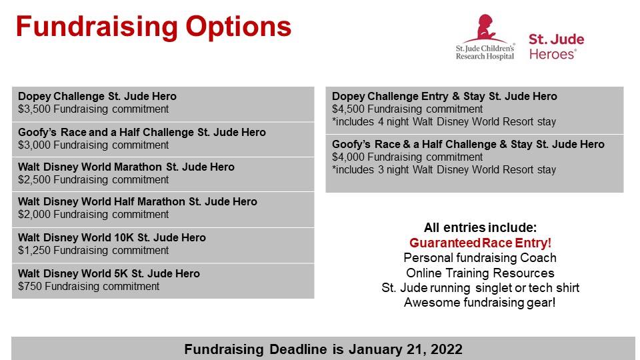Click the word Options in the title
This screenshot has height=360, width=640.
click(x=239, y=27)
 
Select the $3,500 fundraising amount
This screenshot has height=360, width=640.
click(x=34, y=109)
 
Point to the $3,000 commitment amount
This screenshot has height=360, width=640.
click(x=34, y=145)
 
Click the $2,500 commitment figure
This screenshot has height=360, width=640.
click(x=34, y=179)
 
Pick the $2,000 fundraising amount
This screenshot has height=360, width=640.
click(x=34, y=214)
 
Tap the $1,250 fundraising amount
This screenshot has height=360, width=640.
click(x=34, y=250)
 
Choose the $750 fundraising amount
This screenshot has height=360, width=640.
click(x=30, y=286)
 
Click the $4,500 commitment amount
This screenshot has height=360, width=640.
click(x=348, y=109)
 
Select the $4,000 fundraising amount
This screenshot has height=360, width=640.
click(x=348, y=157)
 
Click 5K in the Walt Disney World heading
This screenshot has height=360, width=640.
click(x=121, y=273)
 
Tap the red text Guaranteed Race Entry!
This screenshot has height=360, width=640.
click(x=481, y=243)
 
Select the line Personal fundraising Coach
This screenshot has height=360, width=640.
click(x=480, y=258)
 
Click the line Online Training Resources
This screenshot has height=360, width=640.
click(x=480, y=273)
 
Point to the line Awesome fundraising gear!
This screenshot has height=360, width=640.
click(x=479, y=303)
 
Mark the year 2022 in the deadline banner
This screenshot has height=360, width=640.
click(x=446, y=349)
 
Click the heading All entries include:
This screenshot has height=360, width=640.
click(x=481, y=227)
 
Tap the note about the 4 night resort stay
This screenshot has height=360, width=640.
click(x=444, y=121)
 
